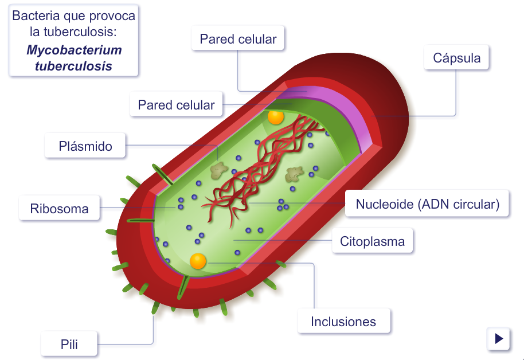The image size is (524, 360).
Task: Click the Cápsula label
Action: click(456, 58)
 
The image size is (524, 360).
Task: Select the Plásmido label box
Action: click(85, 146)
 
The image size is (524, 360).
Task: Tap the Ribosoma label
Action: click(59, 209)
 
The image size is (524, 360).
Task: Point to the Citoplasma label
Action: click(372, 241)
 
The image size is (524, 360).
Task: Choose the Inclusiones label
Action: click(343, 322)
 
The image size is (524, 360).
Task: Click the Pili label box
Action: click(69, 345)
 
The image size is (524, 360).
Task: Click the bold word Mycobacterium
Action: click(74, 50)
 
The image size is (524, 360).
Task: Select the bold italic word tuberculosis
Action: click(74, 66)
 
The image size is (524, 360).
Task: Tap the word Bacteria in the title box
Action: click(36, 16)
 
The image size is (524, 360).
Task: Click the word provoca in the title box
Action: click(115, 16)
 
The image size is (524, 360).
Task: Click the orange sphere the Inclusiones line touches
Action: click(198, 261)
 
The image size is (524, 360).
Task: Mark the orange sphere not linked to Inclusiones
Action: click(276, 117)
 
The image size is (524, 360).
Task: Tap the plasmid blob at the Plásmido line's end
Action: click(218, 170)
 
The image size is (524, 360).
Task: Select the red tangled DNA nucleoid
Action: click(258, 166)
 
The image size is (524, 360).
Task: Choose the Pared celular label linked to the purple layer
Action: click(238, 39)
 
